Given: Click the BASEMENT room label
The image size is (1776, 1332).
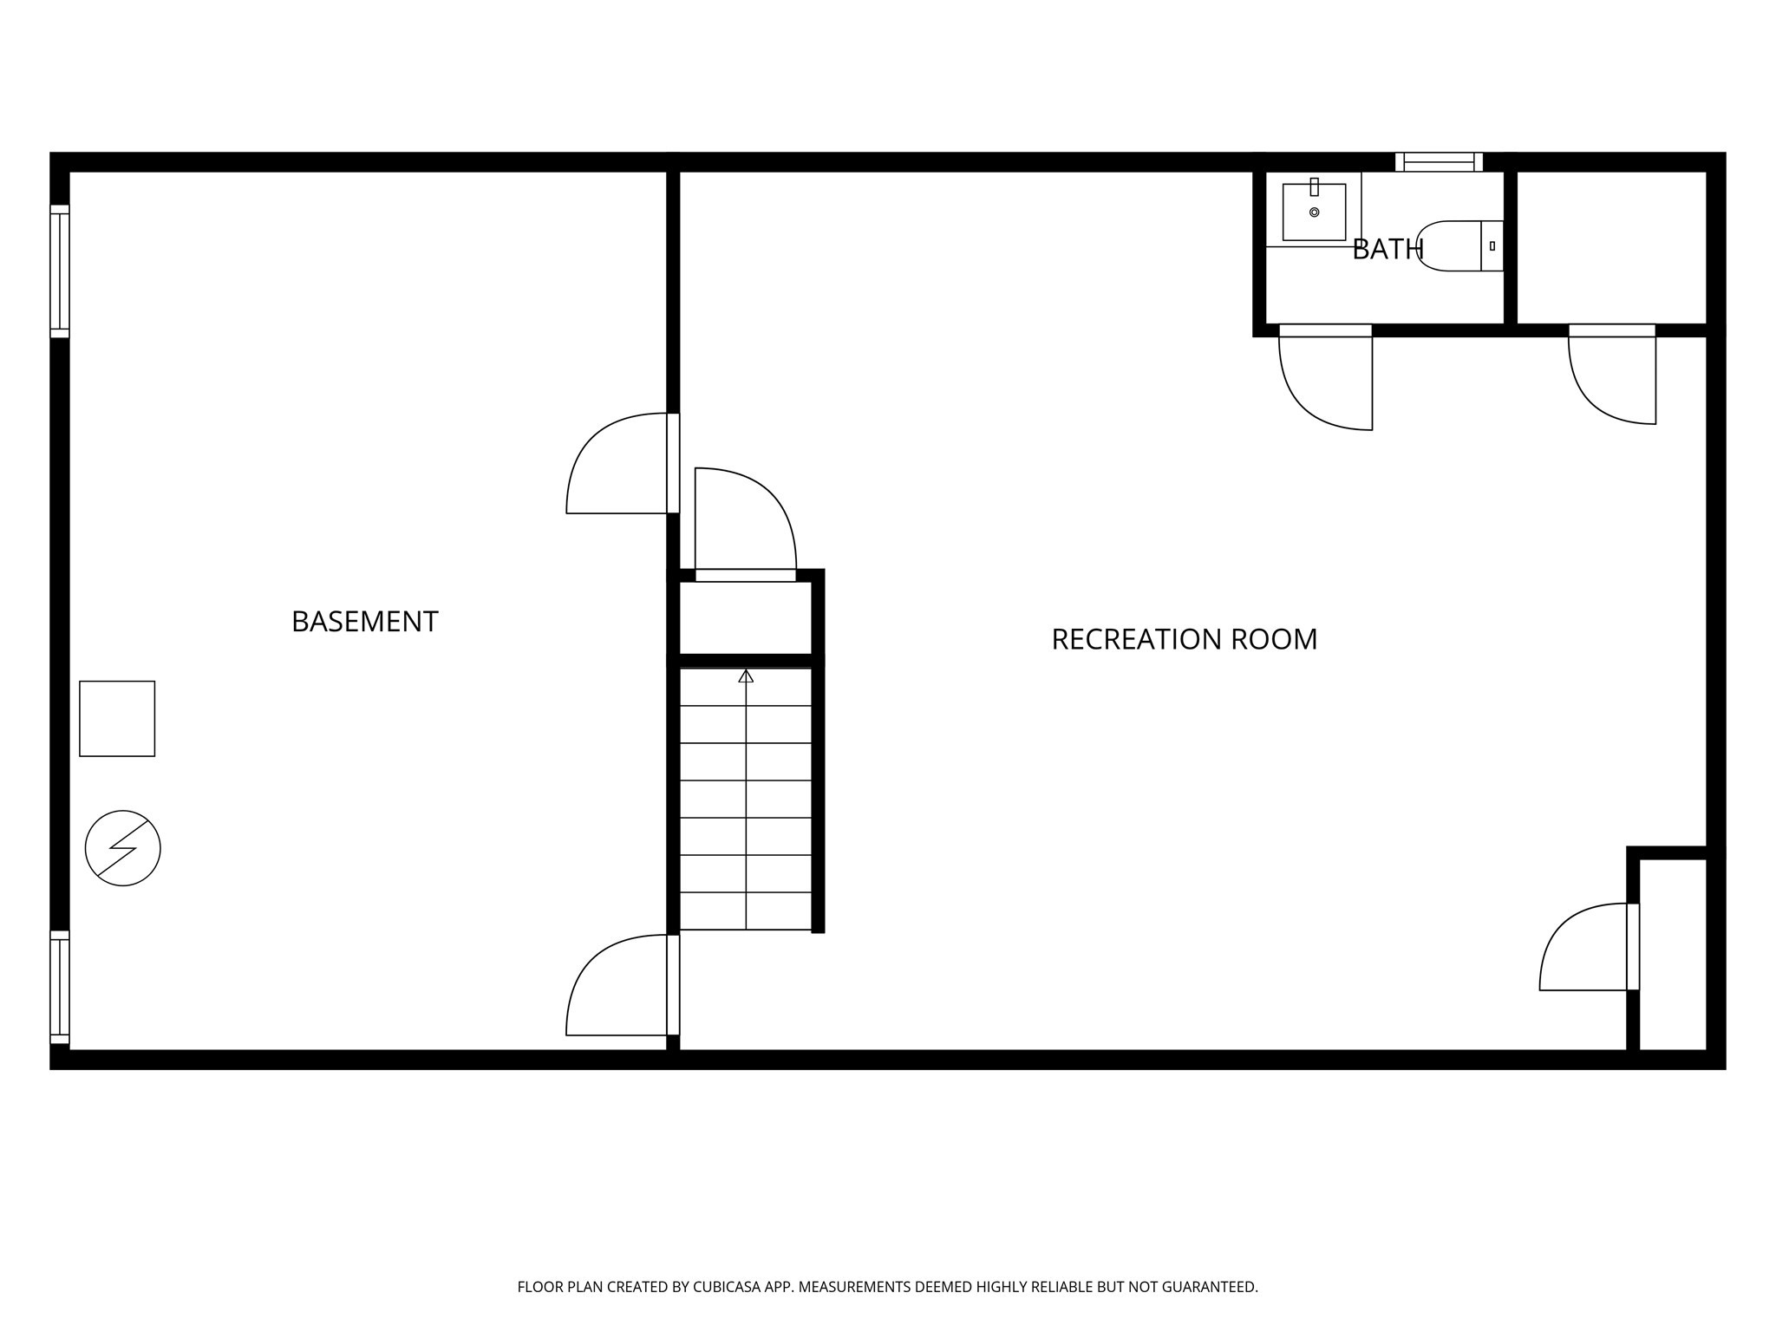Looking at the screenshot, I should coord(364,622).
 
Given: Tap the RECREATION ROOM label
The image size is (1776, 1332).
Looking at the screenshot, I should coord(1184,639).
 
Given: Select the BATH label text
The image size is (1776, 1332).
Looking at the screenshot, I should coord(1387,250).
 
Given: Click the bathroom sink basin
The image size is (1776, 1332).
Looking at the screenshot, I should coord(1314,212).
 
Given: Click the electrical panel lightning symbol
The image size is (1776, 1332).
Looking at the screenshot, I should coord(123,847).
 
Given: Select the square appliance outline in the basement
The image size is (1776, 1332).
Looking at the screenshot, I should coord(117,718).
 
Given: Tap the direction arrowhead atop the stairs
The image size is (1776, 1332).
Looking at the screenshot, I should coord(746,676).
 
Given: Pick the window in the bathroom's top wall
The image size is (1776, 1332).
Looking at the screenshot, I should coord(1439,162).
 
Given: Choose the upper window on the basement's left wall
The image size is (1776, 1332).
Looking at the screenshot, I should coord(59,271).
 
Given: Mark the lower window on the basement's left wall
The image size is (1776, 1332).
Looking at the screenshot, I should coord(59,987).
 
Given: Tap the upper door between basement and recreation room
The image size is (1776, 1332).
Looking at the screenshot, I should coord(620,464).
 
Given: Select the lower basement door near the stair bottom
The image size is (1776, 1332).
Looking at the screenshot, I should coord(620,985).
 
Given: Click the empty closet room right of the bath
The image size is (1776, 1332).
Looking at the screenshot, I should coord(1612,247).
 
